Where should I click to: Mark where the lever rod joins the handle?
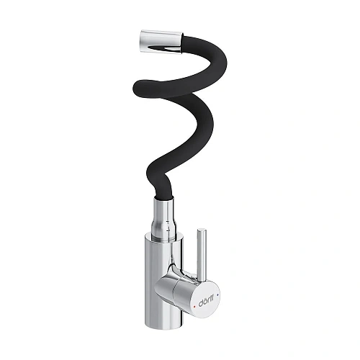[199, 271]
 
